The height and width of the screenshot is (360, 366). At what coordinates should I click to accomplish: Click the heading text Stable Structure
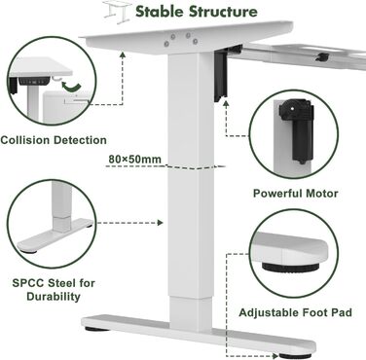click(197, 12)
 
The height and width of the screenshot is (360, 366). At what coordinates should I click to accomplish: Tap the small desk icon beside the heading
click(116, 13)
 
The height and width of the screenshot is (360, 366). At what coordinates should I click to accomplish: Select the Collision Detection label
click(54, 140)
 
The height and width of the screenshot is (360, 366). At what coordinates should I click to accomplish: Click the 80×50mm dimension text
click(134, 160)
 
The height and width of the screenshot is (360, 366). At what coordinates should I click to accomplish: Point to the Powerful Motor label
click(295, 194)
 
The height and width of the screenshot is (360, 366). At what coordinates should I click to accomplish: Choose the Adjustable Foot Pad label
click(295, 312)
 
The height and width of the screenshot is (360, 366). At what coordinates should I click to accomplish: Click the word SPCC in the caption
click(28, 283)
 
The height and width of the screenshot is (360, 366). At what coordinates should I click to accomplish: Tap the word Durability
click(54, 297)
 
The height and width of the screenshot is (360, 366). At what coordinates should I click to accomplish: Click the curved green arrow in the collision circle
click(72, 87)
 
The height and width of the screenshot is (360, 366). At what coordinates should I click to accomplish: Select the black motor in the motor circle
click(297, 128)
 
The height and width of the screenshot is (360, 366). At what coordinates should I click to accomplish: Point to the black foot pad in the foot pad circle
click(290, 268)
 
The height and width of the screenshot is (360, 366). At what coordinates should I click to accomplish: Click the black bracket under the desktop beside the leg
click(221, 74)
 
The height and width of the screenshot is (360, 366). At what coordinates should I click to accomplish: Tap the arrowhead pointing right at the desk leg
click(160, 223)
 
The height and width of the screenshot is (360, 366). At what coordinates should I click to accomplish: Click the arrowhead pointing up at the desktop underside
click(123, 54)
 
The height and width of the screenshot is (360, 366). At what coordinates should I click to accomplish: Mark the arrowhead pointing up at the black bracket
click(226, 103)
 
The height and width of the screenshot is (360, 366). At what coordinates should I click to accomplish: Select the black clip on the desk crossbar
click(322, 56)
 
